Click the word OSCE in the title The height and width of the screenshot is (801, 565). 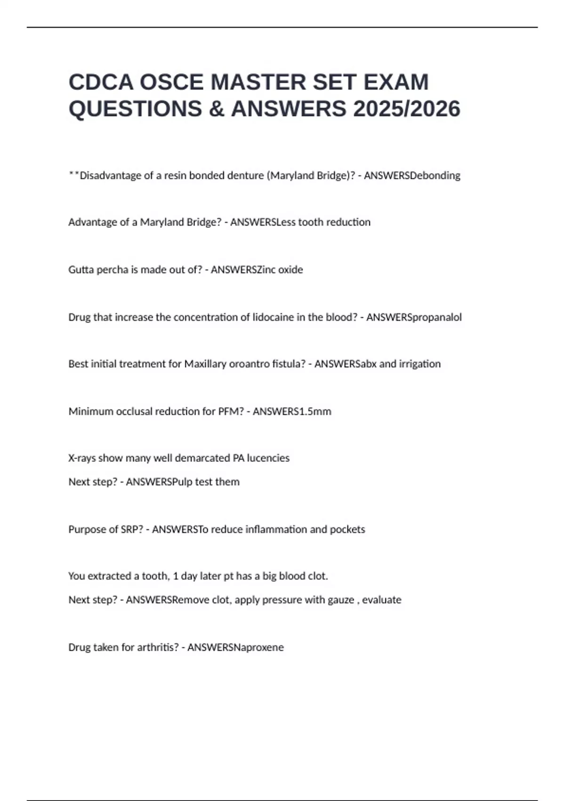point(171,82)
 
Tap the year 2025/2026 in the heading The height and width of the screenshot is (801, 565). point(407,109)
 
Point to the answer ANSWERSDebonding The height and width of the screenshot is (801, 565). point(412,175)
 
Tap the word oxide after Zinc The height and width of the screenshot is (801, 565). point(290,270)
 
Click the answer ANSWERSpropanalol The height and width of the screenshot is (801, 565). point(414,317)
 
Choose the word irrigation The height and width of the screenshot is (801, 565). point(420,364)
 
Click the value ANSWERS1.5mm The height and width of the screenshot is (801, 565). point(292,411)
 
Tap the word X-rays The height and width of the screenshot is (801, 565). point(82,458)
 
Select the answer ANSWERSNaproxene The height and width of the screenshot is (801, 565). point(235,647)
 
